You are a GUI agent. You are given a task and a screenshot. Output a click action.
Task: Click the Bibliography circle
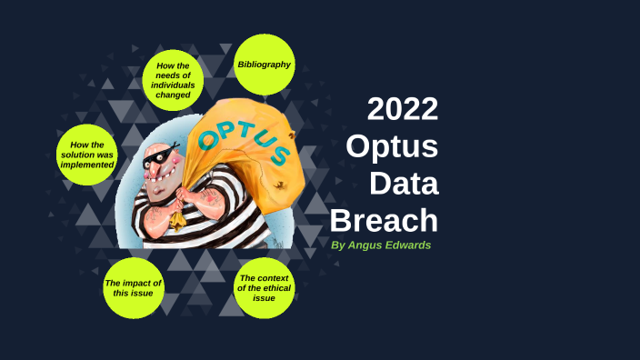tap(265, 65)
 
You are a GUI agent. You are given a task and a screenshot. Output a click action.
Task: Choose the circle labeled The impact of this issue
tap(134, 288)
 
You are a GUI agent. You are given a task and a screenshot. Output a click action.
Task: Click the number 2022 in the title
tap(403, 109)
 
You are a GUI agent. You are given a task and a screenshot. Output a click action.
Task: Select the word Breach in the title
tap(384, 219)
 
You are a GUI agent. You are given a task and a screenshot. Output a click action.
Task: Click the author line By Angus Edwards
tap(381, 245)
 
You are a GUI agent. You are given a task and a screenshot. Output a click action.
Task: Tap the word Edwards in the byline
tap(410, 245)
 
